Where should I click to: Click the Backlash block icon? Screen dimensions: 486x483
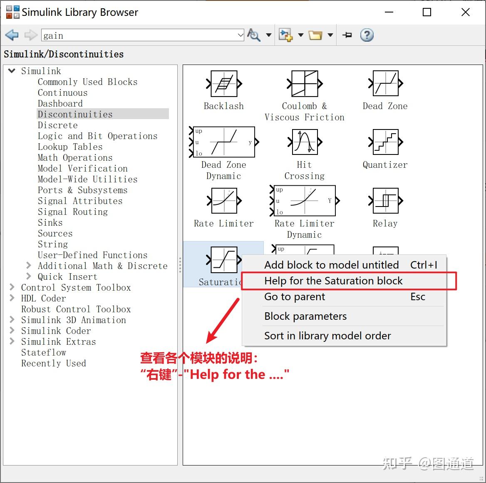coord(224,84)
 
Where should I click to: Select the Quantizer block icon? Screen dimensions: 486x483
coord(386,142)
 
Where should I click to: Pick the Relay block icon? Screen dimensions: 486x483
coord(386,201)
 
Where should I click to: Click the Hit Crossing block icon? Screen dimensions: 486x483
coord(305,142)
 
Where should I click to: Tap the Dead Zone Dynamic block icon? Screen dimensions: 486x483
coord(224,142)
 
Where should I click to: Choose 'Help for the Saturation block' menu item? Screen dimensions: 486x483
coord(333,281)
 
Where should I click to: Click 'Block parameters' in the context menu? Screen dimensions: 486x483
coord(305,316)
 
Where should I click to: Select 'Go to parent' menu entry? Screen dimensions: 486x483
coord(295,297)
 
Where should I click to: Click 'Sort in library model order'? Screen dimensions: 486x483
coord(327,336)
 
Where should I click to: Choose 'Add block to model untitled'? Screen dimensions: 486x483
coord(331,265)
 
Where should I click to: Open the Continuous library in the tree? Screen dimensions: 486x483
coord(62,93)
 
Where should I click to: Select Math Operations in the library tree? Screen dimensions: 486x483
coord(75,157)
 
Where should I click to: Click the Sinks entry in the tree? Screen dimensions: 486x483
coord(50,222)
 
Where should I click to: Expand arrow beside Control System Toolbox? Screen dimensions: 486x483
coord(12,287)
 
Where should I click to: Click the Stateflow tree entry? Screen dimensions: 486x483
coord(44,352)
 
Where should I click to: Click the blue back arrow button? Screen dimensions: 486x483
coord(12,35)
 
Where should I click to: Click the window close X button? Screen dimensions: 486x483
coord(466,12)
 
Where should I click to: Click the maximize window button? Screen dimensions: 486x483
coord(427,12)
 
